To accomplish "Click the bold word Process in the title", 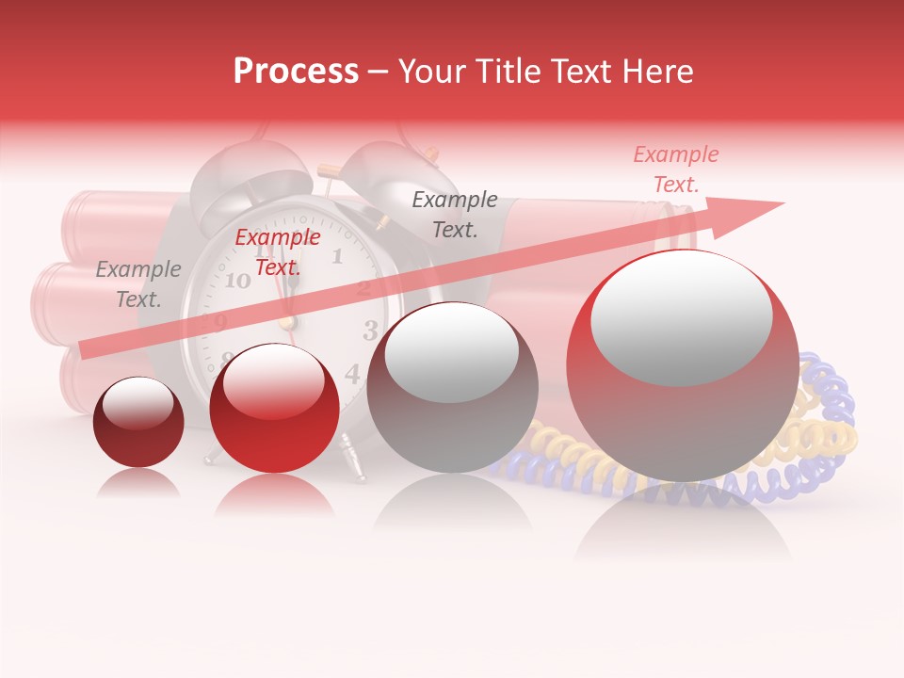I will click(x=296, y=72).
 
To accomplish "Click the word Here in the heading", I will click(x=656, y=72).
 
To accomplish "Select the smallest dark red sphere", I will click(x=138, y=422).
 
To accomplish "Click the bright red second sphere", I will click(x=274, y=408).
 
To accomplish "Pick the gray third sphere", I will click(x=452, y=387).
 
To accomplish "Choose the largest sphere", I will click(x=682, y=365).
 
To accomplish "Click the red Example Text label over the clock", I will click(x=278, y=252).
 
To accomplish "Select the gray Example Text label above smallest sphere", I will click(x=138, y=284).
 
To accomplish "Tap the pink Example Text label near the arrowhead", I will click(x=676, y=169).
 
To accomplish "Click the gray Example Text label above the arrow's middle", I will click(x=455, y=214).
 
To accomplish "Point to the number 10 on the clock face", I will click(x=237, y=281).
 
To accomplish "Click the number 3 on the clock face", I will click(x=370, y=330).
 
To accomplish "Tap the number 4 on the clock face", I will click(x=352, y=374).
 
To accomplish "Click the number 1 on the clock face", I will click(x=336, y=255).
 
